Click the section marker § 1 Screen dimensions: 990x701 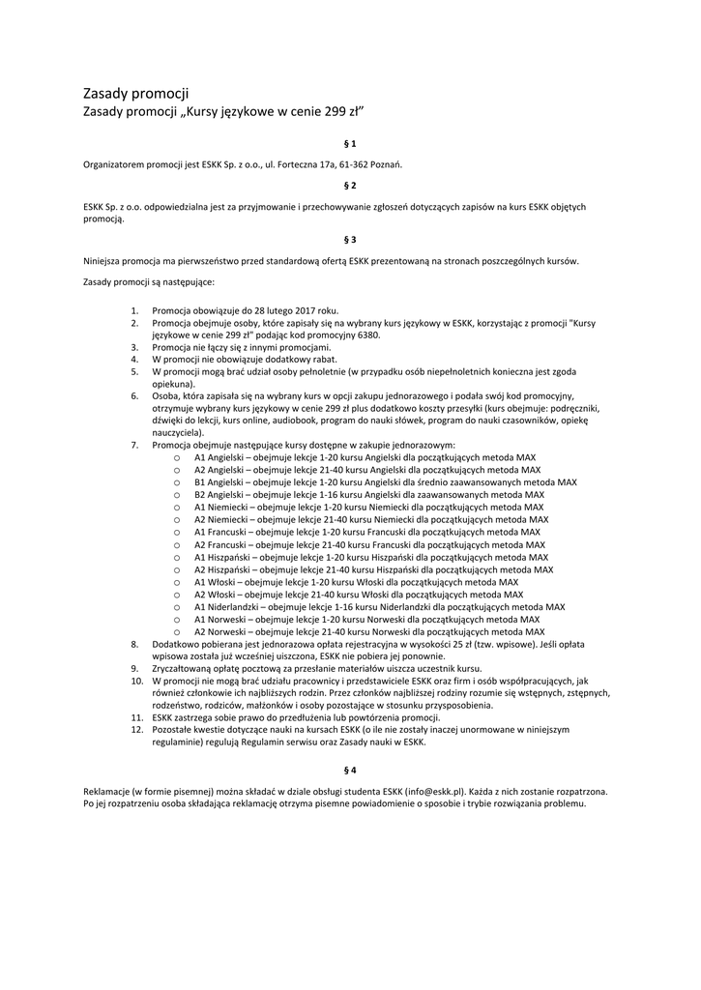[x=350, y=143]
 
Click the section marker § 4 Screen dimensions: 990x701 [x=350, y=770]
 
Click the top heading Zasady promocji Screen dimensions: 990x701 [x=135, y=94]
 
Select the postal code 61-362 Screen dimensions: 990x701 [x=356, y=164]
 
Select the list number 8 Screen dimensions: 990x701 [x=135, y=643]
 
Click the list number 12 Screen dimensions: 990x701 [x=137, y=730]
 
